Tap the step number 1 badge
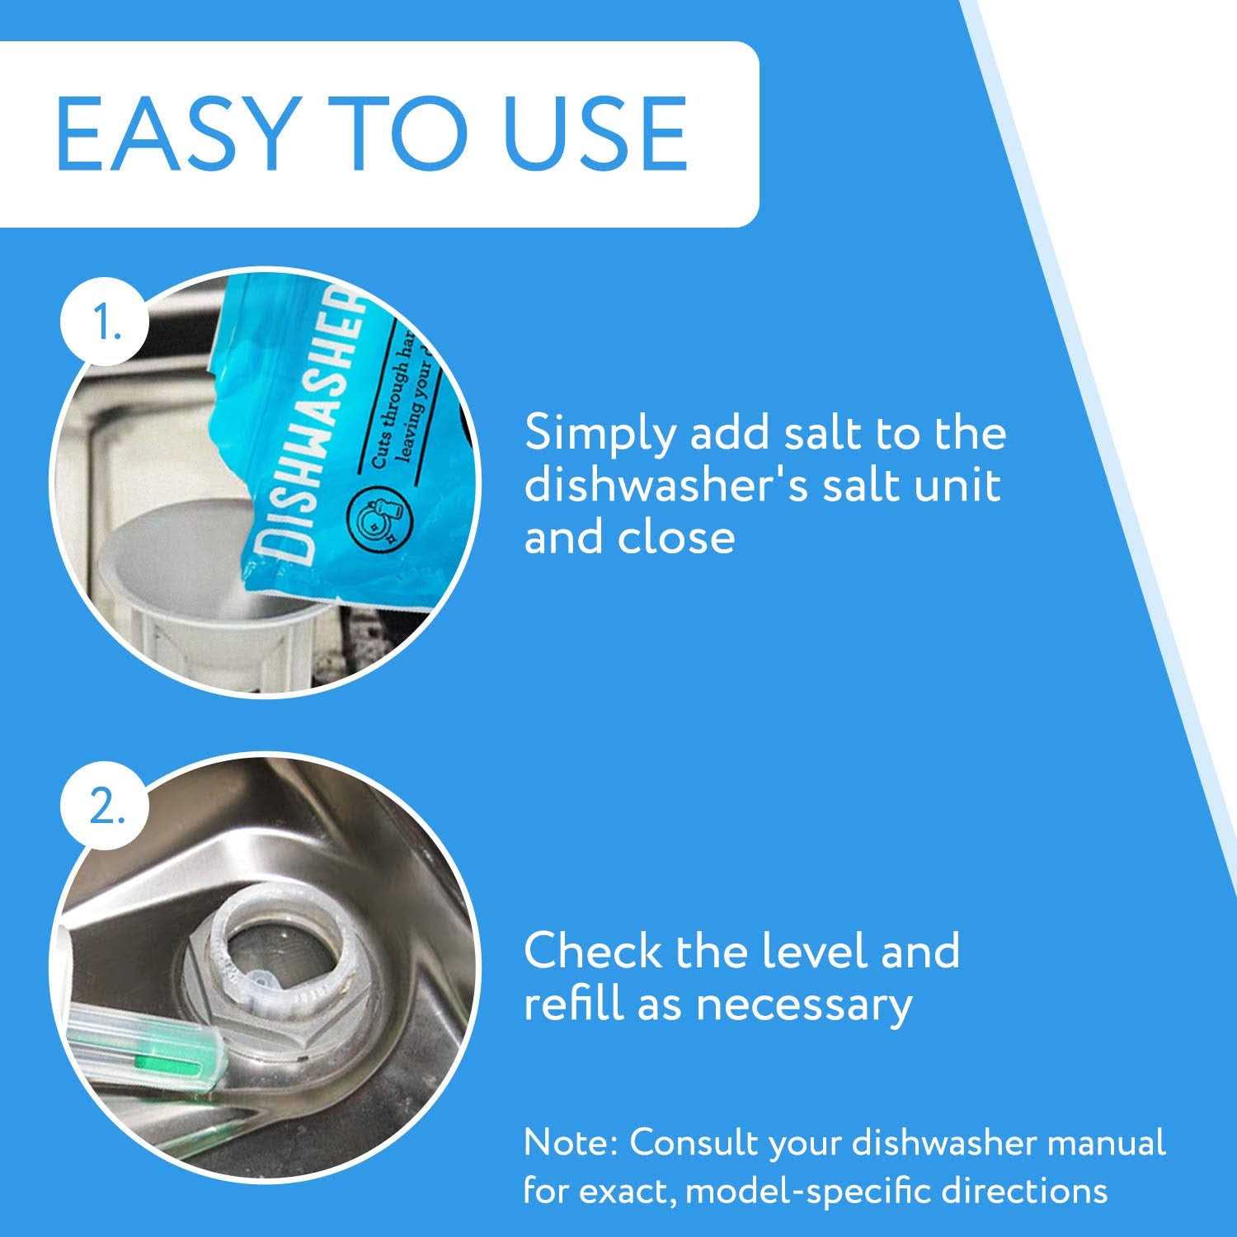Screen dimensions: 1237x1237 pos(106,324)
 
